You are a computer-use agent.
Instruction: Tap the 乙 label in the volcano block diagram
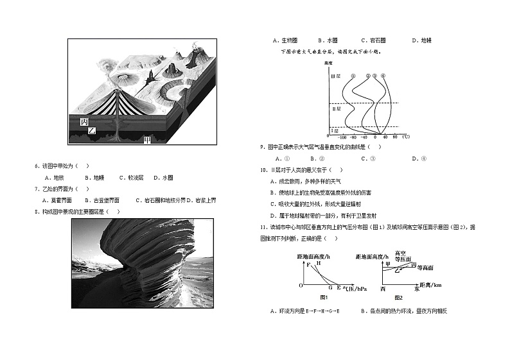point(92,131)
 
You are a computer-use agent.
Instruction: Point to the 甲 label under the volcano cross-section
point(148,139)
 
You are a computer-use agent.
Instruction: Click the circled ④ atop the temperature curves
point(383,76)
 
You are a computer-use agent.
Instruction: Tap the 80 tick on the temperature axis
point(395,137)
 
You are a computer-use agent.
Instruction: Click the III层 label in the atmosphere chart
point(334,76)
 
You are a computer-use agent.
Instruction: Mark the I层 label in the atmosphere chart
point(333,130)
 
